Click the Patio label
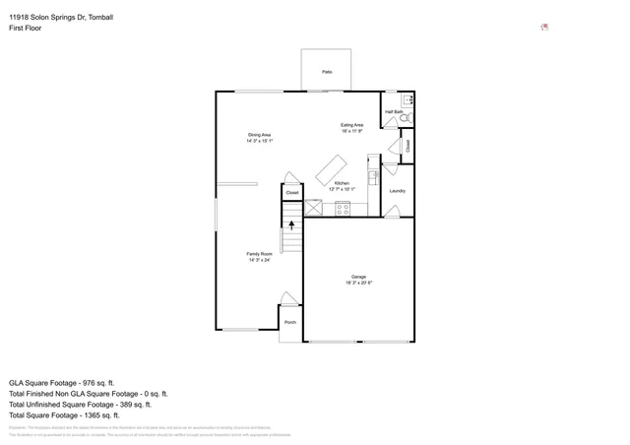(x=327, y=72)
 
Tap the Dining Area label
(x=259, y=135)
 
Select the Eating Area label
(x=352, y=125)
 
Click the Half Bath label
(x=394, y=113)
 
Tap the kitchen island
(x=331, y=168)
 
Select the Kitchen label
(x=342, y=184)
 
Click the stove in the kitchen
(x=343, y=209)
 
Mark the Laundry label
(x=398, y=191)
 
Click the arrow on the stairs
(x=291, y=226)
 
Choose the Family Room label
(x=259, y=254)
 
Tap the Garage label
(x=358, y=277)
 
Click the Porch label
(x=290, y=323)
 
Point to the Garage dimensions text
(x=358, y=284)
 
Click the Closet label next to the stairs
(x=292, y=193)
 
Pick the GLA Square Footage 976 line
(x=62, y=382)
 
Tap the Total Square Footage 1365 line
(x=65, y=415)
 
